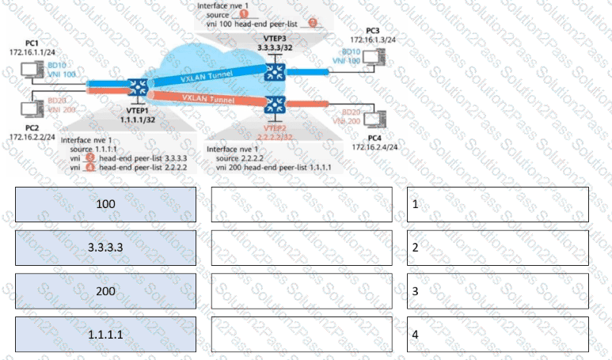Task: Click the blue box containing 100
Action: pos(105,204)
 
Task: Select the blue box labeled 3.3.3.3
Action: pos(105,248)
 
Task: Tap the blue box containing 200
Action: pos(105,291)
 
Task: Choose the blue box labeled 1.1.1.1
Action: pos(105,335)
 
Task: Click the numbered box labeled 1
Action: pos(498,204)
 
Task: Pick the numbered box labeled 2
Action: pos(498,248)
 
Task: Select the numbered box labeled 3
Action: pos(498,291)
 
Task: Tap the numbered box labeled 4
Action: pos(498,335)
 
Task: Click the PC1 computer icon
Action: pos(34,70)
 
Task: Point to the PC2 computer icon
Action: pos(34,105)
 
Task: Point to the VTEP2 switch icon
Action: pos(275,104)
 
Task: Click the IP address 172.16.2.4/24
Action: pos(374,147)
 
